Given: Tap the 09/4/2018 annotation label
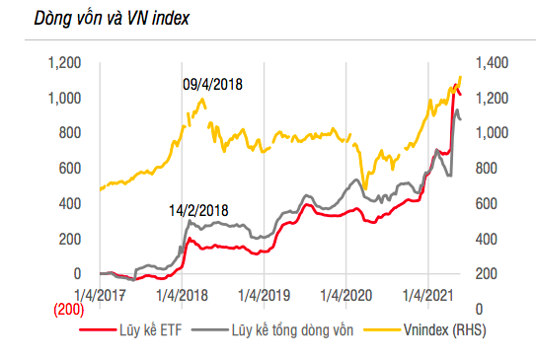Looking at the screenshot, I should pos(212,84).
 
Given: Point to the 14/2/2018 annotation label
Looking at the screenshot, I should pos(198,210).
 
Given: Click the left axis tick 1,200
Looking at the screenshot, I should pos(63,63).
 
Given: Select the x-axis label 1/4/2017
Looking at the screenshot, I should pos(99,293).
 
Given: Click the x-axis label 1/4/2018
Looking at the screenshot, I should pos(181,293).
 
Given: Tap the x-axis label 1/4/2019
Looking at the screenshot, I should pos(263,293).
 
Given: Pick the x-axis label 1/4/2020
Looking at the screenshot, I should pos(345,293).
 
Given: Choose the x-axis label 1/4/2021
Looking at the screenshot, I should pos(427,293).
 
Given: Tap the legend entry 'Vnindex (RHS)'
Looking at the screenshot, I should pos(442,331).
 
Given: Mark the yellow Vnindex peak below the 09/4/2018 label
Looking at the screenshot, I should pos(202,99).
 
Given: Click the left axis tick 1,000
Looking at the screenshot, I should pos(63,98).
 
